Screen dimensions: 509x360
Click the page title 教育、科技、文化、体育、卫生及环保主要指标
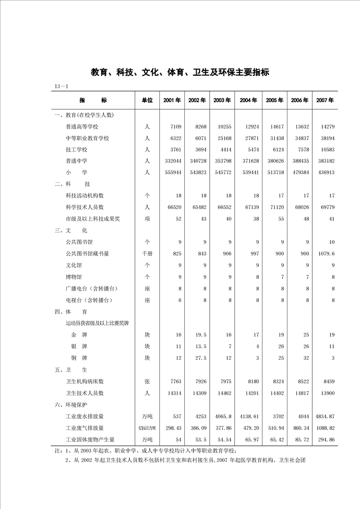(x=180, y=72)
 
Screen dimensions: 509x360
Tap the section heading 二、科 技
(x=72, y=184)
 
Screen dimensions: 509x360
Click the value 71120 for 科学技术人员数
(x=275, y=207)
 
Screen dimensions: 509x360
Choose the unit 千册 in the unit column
(x=147, y=254)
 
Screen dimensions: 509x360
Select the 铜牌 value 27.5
(x=200, y=358)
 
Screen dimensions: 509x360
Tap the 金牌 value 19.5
(x=200, y=335)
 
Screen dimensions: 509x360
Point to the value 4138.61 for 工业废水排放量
(x=249, y=416)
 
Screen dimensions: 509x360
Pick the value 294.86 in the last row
(x=325, y=439)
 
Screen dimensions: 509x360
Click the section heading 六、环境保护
(x=70, y=404)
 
